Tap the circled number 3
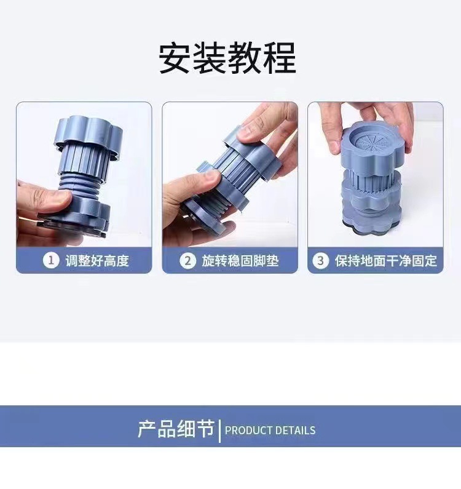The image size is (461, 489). (320, 261)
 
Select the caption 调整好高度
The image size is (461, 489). (97, 261)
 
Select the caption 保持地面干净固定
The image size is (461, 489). (385, 261)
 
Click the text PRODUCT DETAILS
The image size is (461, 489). (270, 431)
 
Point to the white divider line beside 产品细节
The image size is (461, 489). (219, 430)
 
